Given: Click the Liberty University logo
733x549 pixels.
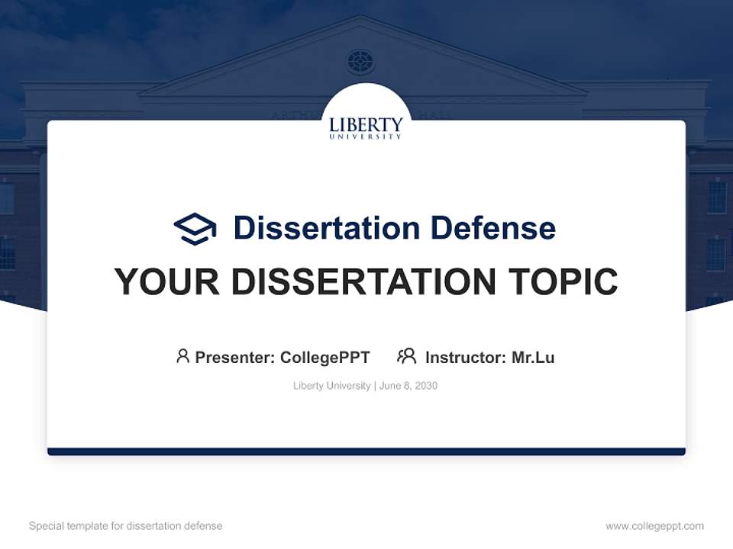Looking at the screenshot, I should point(366,127).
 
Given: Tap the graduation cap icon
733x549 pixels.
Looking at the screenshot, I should point(195,229).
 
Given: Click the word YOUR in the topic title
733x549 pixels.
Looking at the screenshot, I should point(167,281).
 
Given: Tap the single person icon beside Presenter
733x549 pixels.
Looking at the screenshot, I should point(182,356).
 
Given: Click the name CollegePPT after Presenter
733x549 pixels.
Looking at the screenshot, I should point(325,357).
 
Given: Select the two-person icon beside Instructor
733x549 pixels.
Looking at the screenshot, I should point(406,356).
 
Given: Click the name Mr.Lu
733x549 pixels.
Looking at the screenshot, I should point(533,357).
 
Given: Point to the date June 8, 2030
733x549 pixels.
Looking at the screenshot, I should point(408,386).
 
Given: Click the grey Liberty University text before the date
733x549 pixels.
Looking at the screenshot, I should point(331,386).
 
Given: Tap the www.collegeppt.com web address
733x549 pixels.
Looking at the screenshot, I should point(654,526).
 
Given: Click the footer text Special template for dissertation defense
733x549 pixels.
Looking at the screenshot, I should point(125,526).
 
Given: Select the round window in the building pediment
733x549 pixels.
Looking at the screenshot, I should point(360,61).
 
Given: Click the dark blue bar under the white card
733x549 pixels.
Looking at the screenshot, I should point(366,451).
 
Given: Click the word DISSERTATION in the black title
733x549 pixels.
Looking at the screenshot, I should point(363,281).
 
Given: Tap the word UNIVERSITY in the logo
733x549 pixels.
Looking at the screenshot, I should point(366,136).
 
